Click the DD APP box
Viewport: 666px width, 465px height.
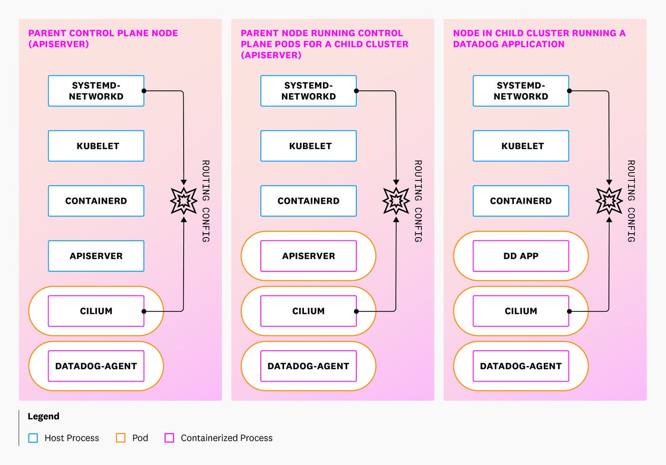click(x=520, y=256)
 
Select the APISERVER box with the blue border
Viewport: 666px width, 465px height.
click(x=96, y=256)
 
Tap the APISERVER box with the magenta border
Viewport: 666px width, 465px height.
click(x=308, y=256)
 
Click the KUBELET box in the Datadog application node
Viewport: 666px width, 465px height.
click(x=520, y=146)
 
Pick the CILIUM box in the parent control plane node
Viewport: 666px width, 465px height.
click(x=96, y=311)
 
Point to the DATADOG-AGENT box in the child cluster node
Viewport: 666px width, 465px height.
click(x=520, y=366)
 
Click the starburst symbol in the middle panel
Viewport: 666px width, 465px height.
click(x=396, y=201)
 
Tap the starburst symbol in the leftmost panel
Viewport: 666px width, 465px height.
click(x=184, y=201)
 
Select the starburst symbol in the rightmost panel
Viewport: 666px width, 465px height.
click(x=609, y=201)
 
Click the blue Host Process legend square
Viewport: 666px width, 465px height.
click(x=33, y=438)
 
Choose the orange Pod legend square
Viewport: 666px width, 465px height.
click(x=121, y=438)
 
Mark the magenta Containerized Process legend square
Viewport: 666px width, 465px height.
click(x=169, y=438)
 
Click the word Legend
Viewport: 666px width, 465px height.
click(x=43, y=416)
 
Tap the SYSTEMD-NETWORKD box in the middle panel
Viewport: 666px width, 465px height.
click(x=308, y=91)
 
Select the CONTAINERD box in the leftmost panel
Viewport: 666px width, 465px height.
click(x=96, y=201)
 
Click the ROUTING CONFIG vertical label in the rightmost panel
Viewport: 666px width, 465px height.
click(x=631, y=201)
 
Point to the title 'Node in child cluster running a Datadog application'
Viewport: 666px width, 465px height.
click(x=539, y=39)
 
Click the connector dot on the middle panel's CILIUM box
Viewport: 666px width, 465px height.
click(x=356, y=311)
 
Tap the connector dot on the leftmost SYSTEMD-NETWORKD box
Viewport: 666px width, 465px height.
click(x=144, y=91)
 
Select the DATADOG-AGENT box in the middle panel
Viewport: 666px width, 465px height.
click(x=308, y=366)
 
